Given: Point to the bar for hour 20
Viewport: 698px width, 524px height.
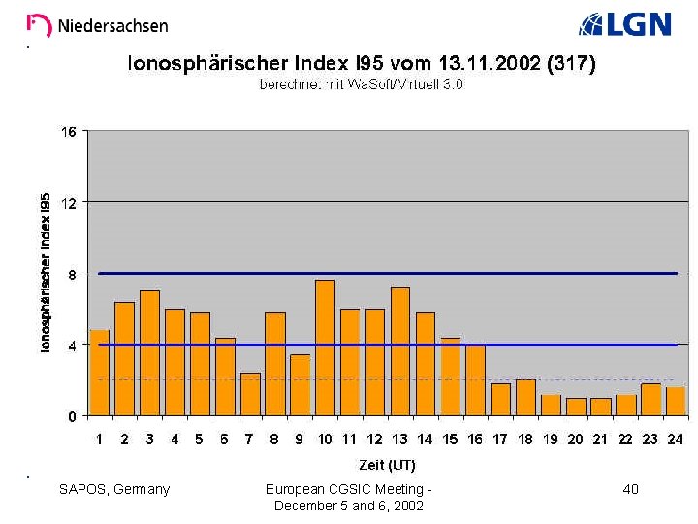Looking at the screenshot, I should click(x=576, y=407).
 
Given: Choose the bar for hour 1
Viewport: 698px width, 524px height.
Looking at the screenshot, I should click(x=100, y=373).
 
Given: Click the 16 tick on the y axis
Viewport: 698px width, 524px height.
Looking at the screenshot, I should click(x=69, y=131).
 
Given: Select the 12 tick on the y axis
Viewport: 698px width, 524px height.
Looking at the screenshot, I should click(x=69, y=202).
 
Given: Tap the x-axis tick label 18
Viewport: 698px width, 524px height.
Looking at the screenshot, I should click(x=525, y=440).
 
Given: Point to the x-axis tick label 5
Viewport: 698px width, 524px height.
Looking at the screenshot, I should click(x=200, y=440).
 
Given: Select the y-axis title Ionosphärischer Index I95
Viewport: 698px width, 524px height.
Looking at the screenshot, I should click(x=46, y=273).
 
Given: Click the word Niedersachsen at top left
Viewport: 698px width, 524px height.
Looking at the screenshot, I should click(x=112, y=26).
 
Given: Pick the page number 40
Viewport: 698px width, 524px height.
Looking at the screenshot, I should click(x=630, y=490).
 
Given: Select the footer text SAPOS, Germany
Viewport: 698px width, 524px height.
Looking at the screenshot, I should click(x=114, y=490).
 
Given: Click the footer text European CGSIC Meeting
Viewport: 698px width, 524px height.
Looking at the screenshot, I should click(x=348, y=490).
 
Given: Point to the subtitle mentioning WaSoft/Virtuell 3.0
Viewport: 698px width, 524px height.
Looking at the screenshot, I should click(x=361, y=85).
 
